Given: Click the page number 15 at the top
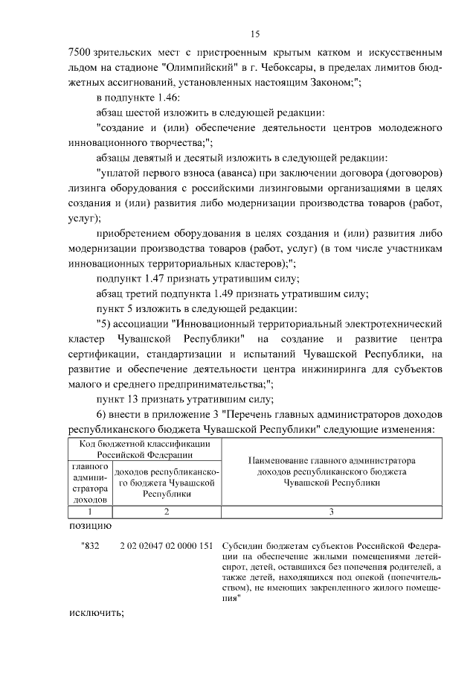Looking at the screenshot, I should pos(255,34).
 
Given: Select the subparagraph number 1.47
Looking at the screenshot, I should pos(163,279).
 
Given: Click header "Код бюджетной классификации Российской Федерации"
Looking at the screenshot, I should pos(144,449).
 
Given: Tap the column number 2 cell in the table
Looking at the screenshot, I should pos(166,512).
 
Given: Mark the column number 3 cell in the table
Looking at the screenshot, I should pos(331,512).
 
